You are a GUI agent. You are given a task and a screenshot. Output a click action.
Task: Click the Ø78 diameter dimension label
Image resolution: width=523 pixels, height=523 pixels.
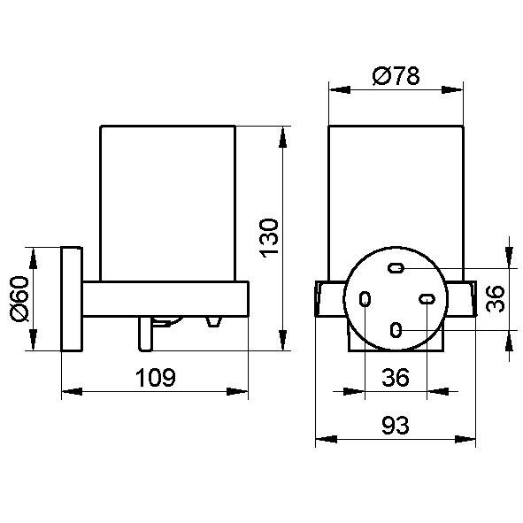(x=396, y=76)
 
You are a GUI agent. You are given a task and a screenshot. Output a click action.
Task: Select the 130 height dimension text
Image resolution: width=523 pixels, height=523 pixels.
(x=269, y=238)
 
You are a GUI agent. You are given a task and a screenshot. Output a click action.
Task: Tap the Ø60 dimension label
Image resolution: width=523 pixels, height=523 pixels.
(x=19, y=299)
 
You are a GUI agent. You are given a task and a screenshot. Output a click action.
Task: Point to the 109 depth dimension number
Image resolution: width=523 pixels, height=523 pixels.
(x=156, y=378)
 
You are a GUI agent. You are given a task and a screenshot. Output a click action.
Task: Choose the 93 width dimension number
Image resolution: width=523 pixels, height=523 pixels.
(x=396, y=426)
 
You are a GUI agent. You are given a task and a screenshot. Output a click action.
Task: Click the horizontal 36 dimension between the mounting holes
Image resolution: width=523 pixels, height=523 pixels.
(x=396, y=377)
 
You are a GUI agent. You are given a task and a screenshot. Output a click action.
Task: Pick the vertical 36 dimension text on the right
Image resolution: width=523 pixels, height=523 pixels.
(x=496, y=299)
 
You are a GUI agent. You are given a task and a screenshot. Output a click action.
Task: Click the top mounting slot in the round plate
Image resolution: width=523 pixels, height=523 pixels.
(x=396, y=268)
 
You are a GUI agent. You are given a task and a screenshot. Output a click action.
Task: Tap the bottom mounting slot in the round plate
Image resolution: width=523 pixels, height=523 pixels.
(x=396, y=330)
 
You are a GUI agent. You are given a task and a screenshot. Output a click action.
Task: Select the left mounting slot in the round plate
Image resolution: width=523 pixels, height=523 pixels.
(x=365, y=299)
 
